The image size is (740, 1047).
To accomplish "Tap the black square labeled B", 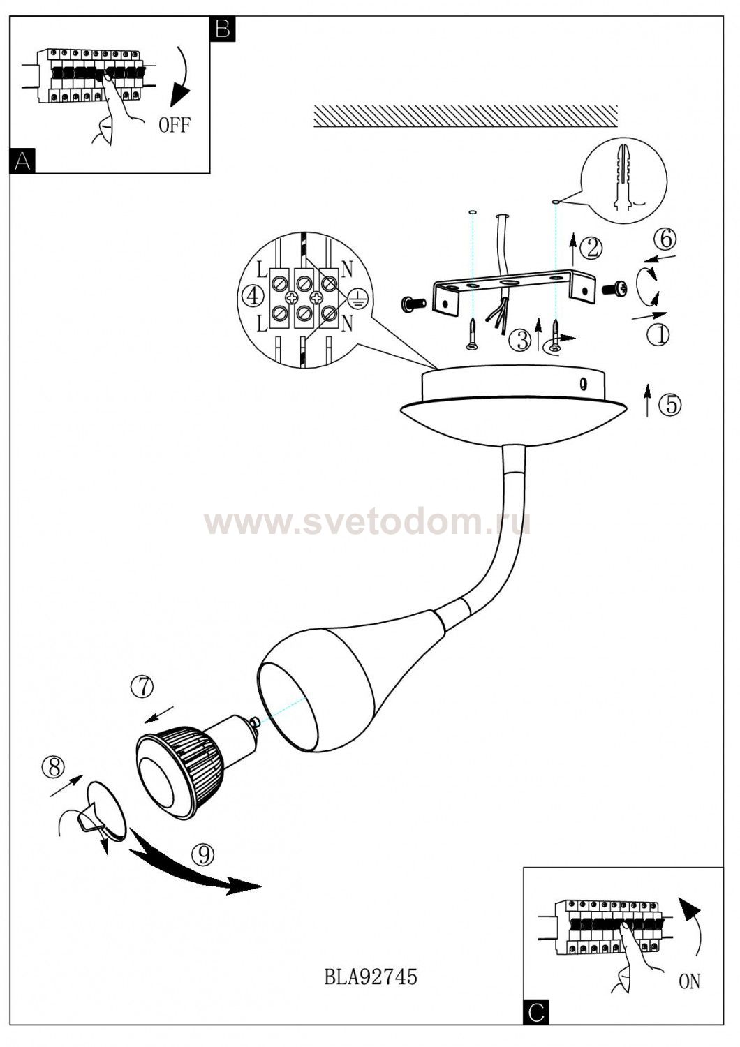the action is coord(223,29).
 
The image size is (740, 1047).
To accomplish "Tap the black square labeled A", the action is coord(22,161).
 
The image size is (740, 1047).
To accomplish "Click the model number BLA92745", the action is coord(370,977).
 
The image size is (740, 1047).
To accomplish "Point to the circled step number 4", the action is coord(253,296).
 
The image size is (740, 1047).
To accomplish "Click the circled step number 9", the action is coord(203,855).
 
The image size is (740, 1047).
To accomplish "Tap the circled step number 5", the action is coord(671,404).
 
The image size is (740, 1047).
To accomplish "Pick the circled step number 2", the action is coord(592,248).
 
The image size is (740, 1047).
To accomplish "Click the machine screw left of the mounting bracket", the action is coord(413,304).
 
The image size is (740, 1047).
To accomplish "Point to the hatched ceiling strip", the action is coord(466,116).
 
